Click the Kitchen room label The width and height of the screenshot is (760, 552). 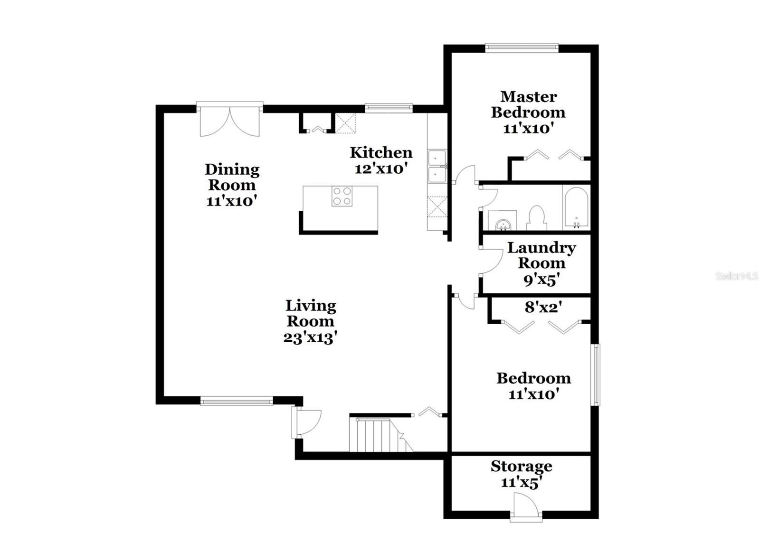coord(381,152)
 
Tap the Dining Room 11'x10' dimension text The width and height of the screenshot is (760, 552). coord(231,202)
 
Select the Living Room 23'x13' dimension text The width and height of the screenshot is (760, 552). coord(310,338)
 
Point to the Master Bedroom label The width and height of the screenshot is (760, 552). coord(528,104)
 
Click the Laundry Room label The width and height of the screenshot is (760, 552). coord(541,255)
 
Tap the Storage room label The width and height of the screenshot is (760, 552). coord(522,467)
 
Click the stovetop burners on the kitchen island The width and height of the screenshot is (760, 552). coord(342,196)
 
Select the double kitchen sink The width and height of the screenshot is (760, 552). coord(437,167)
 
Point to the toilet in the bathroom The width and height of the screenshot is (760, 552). coord(536,218)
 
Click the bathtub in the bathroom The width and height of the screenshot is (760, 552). coord(576,207)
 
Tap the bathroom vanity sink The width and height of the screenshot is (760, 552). coord(502,221)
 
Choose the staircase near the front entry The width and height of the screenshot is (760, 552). coord(381,435)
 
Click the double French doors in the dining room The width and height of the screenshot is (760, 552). coord(230,121)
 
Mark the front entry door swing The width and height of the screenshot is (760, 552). coord(306,422)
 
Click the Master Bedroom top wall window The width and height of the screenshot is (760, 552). coord(522,48)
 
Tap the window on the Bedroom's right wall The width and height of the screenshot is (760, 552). coord(595,374)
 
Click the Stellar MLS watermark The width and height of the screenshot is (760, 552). coord(737,276)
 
